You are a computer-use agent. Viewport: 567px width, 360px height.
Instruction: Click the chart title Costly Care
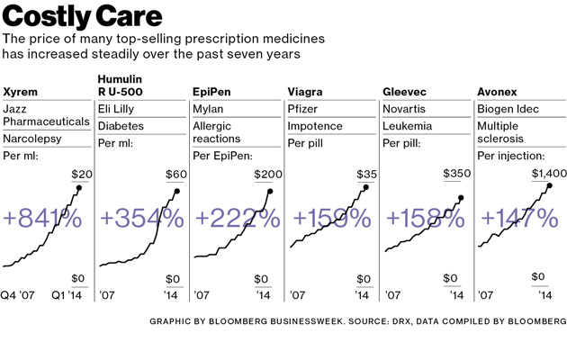tap(83, 16)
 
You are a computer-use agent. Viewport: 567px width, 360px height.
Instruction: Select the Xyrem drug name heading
tap(21, 92)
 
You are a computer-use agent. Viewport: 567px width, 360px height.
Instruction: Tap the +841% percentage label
tap(42, 218)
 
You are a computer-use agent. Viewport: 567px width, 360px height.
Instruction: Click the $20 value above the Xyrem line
tap(81, 175)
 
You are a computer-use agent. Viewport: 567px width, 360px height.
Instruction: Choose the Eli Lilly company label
tap(117, 108)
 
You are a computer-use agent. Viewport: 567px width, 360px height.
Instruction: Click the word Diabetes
tap(121, 126)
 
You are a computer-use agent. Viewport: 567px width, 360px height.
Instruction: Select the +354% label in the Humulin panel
tap(141, 218)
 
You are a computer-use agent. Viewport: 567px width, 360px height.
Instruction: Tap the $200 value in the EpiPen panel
tap(268, 175)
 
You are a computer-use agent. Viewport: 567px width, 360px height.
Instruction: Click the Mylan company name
tap(208, 108)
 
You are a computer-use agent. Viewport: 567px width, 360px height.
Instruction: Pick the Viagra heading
tap(306, 92)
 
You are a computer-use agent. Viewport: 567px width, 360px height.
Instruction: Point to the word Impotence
tap(315, 126)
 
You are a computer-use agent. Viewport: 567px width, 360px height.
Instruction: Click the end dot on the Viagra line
tap(365, 188)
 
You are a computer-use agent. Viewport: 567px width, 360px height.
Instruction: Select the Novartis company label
tap(404, 108)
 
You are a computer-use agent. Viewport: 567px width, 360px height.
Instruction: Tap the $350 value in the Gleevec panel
tap(457, 175)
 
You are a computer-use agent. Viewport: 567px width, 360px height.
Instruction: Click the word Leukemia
tap(407, 126)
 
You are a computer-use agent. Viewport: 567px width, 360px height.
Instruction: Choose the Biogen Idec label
tap(508, 108)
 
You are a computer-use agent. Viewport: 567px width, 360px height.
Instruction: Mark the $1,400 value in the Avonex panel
tap(549, 174)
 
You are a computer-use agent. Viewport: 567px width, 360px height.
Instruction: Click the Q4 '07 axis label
tap(17, 294)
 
